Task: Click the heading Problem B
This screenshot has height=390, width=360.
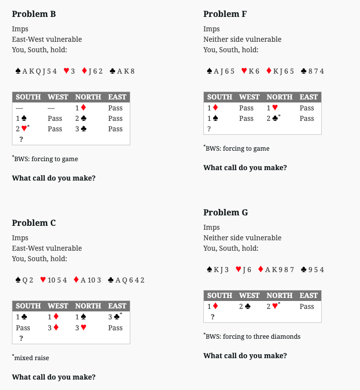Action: tap(34, 14)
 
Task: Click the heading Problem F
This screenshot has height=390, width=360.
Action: tap(225, 14)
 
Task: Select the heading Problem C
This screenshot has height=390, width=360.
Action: tap(34, 223)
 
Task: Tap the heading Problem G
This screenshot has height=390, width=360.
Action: tap(225, 212)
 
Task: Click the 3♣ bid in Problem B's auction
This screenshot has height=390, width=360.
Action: tap(81, 129)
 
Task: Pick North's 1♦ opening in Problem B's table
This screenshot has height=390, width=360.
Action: tap(81, 108)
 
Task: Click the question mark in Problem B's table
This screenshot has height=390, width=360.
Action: tap(21, 139)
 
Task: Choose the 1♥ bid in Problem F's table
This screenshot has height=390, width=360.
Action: tap(272, 108)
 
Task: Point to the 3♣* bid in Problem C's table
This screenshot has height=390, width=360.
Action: tap(116, 317)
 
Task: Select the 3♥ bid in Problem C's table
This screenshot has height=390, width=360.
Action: tap(81, 328)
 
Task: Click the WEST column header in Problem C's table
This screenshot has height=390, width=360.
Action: tap(58, 306)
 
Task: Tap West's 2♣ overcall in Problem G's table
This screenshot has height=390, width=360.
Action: tap(245, 306)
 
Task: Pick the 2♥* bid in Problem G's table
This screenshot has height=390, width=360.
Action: tap(274, 306)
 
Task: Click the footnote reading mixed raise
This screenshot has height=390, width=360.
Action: tap(31, 357)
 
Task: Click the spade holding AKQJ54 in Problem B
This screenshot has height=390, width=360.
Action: tap(36, 71)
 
